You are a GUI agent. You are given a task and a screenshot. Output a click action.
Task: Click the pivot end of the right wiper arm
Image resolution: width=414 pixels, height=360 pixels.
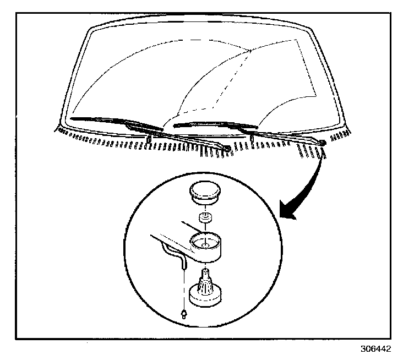322,143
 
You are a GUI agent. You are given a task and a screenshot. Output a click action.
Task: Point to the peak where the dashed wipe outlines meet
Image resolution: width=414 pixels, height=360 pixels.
251,51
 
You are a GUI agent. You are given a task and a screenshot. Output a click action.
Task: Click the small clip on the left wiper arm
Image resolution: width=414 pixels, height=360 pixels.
149,138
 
